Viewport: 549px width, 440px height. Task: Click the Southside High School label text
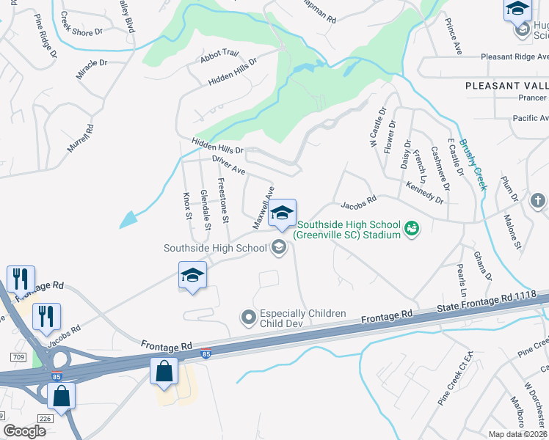tap(215, 248)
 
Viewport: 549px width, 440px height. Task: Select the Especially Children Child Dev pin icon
tap(248, 318)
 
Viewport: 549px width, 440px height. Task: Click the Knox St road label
tap(186, 207)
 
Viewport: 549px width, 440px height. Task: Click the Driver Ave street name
tap(228, 165)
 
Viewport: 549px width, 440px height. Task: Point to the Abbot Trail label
tap(220, 54)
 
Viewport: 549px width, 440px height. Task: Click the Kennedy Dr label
tap(425, 191)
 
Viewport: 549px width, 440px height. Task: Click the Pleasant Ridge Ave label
tap(515, 56)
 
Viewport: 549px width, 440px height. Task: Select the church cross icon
tap(537, 200)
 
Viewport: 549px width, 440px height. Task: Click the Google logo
tap(25, 432)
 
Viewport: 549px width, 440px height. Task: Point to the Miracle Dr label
tap(91, 65)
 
